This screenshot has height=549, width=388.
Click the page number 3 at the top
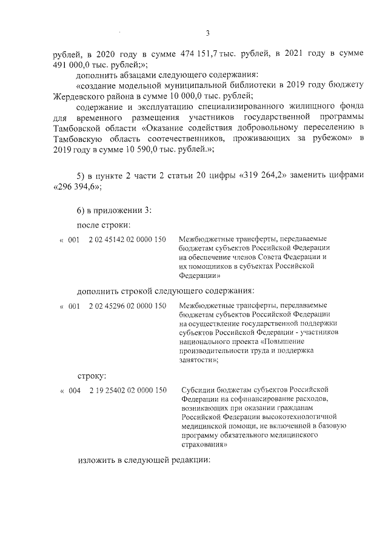pos(207,33)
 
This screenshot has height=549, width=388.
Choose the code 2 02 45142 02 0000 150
pos(127,240)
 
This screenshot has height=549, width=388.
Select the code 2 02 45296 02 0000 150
pos(127,306)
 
